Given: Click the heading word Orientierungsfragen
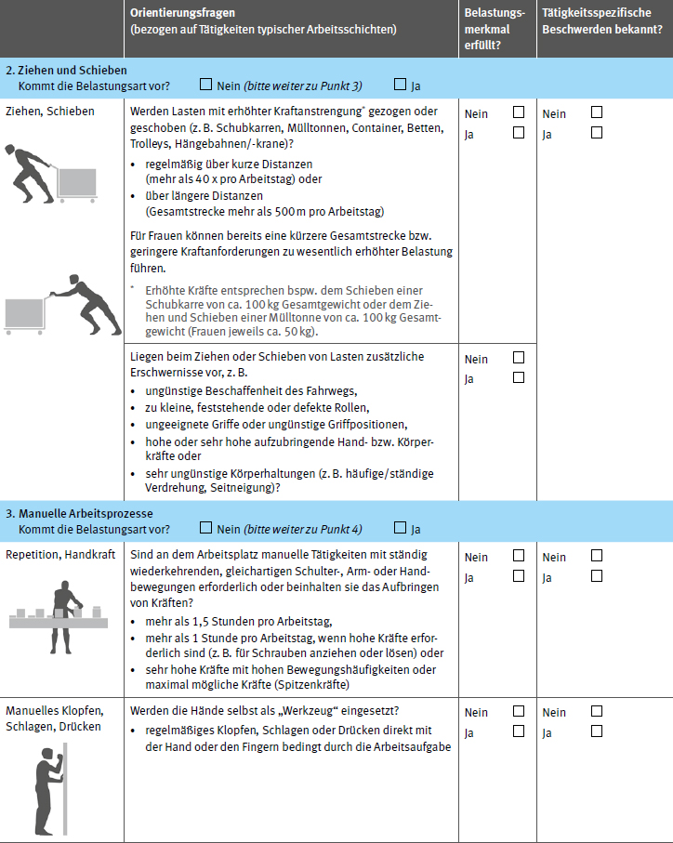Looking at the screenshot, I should click(183, 13).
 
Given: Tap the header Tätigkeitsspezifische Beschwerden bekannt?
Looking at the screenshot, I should click(601, 21).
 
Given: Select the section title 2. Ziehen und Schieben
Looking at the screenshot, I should click(66, 71).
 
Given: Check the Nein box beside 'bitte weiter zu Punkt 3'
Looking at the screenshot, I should click(205, 86).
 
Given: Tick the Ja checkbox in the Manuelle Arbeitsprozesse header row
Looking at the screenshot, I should click(401, 529).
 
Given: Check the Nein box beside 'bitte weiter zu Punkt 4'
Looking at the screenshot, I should click(205, 529).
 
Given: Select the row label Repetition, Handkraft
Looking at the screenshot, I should click(60, 556).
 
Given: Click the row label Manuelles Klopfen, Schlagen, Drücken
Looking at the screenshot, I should click(54, 718).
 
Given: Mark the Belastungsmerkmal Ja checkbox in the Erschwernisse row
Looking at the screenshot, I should click(519, 377).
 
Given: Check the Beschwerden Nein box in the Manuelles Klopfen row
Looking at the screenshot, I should click(597, 712).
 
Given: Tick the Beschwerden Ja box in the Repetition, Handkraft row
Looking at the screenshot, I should click(597, 576).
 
